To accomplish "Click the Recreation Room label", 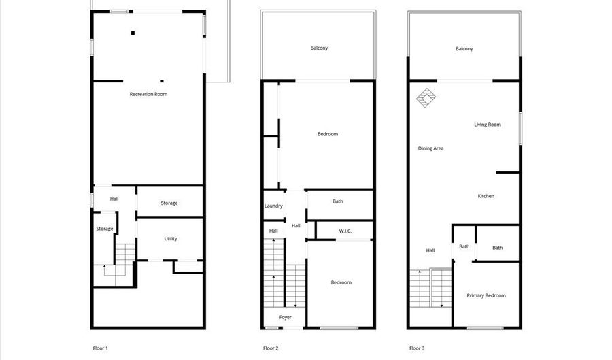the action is pyautogui.click(x=148, y=94).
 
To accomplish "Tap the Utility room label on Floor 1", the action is pyautogui.click(x=171, y=239).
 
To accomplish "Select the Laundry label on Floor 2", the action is pyautogui.click(x=273, y=206).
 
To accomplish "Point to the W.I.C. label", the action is pyautogui.click(x=345, y=231).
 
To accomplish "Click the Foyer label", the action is pyautogui.click(x=286, y=317).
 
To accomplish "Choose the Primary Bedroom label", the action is pyautogui.click(x=486, y=295).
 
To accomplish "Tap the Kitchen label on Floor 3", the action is pyautogui.click(x=486, y=196).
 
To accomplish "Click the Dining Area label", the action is pyautogui.click(x=430, y=148).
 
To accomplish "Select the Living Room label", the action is pyautogui.click(x=488, y=125).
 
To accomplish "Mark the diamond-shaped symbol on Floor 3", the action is pyautogui.click(x=426, y=97).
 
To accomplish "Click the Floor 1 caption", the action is pyautogui.click(x=101, y=348).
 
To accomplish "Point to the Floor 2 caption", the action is pyautogui.click(x=271, y=348).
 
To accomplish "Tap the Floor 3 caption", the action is pyautogui.click(x=417, y=348).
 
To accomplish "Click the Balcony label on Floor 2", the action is pyautogui.click(x=320, y=48).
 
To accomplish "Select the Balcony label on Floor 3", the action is pyautogui.click(x=464, y=49).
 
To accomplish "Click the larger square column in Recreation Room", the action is pyautogui.click(x=133, y=33).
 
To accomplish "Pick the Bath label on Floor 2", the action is pyautogui.click(x=337, y=201).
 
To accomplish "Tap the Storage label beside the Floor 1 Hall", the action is pyautogui.click(x=169, y=203).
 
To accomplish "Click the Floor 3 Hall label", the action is pyautogui.click(x=430, y=250).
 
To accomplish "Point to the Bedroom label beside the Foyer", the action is pyautogui.click(x=341, y=282).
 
